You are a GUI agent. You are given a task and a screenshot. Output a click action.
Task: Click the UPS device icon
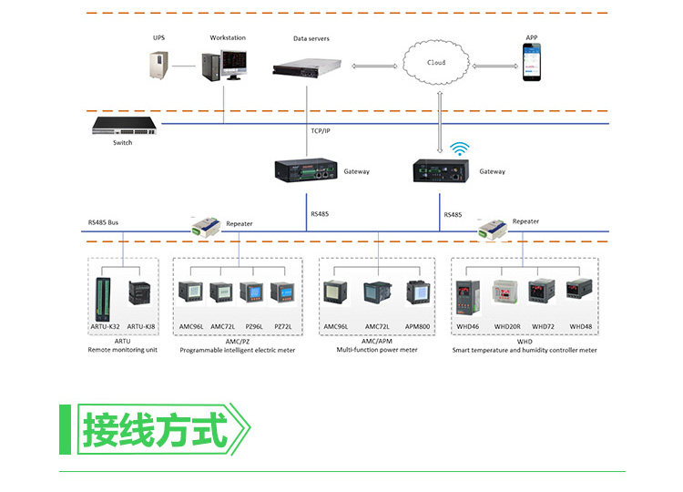coord(161,65)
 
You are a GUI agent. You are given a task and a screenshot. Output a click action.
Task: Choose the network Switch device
coord(122,126)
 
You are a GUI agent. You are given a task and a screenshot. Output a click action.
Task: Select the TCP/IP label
coord(321,130)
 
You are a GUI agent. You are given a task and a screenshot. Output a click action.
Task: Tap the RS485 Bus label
coord(104,222)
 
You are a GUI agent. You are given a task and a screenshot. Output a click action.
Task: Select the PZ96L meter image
coord(251,293)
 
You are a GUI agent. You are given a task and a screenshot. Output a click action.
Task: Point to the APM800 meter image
coord(417,293)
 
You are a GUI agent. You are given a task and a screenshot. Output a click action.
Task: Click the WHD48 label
coord(580,325)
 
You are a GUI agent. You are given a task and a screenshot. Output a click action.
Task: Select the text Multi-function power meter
coord(376,350)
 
